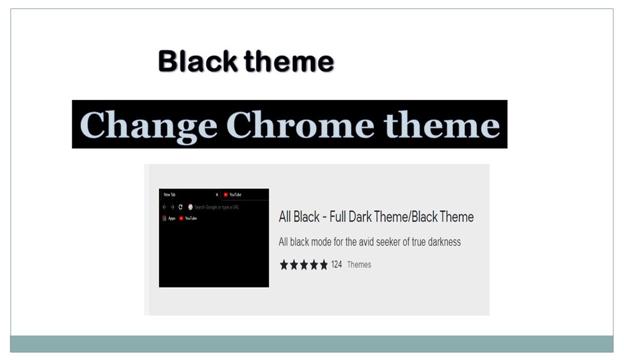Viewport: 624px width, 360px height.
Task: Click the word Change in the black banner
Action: point(149,125)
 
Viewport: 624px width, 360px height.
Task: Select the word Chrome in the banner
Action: point(301,125)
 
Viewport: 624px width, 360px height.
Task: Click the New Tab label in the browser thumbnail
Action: point(170,195)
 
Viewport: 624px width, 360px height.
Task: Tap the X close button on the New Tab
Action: point(217,195)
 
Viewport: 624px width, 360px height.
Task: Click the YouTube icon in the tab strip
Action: point(226,195)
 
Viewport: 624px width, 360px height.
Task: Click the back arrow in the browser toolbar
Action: point(164,207)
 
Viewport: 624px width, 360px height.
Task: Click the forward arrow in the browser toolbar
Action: point(172,207)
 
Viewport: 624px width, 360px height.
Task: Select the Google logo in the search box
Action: point(190,207)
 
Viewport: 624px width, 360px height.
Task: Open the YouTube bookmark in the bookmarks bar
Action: point(188,218)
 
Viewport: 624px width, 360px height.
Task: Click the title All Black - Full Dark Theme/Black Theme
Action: point(376,217)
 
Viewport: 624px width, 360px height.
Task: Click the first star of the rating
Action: point(284,265)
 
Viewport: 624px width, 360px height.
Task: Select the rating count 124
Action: point(336,264)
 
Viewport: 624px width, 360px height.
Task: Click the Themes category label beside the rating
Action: point(359,264)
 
